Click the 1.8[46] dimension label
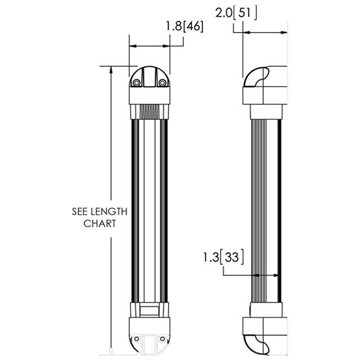(184, 26)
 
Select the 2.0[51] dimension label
(236, 13)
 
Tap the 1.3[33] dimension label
(223, 257)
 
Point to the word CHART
(100, 224)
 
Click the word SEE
(80, 211)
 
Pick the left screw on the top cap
(137, 83)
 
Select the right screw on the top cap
(163, 83)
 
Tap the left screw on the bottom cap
(137, 339)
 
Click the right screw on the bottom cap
(163, 339)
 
